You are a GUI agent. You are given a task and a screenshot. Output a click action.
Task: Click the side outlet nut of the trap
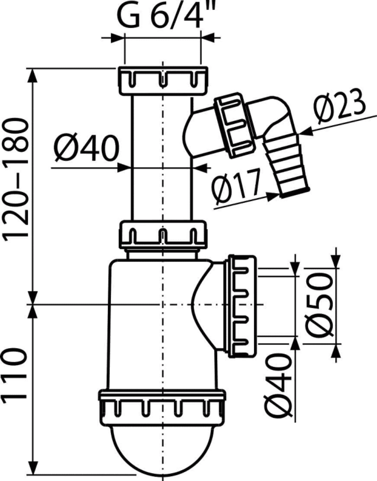pyautogui.click(x=241, y=306)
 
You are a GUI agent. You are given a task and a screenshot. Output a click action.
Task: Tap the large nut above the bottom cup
pyautogui.click(x=162, y=406)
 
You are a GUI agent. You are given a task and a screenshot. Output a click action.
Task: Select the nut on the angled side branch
pyautogui.click(x=235, y=125)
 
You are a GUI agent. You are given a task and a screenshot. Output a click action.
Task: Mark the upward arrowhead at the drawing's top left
pyautogui.click(x=33, y=75)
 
